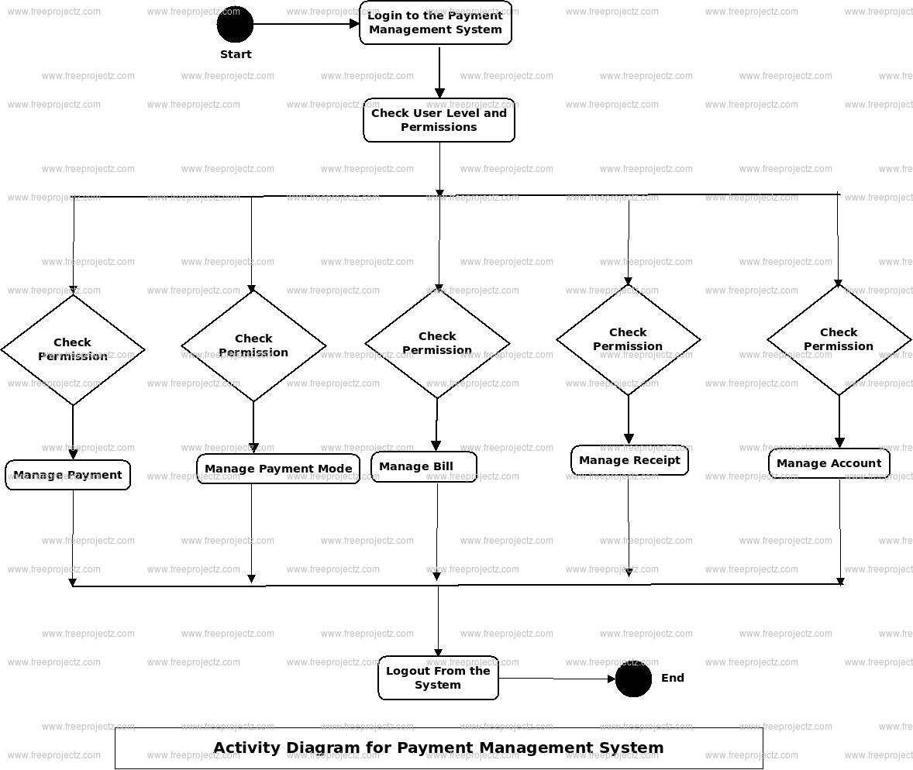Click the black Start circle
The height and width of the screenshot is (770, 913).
[235, 24]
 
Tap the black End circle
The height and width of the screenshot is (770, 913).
[633, 679]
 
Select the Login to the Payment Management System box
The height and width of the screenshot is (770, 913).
[436, 22]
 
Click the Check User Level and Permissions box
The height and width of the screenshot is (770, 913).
[439, 120]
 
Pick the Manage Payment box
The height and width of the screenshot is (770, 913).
[68, 475]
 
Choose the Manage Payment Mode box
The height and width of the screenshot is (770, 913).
[278, 469]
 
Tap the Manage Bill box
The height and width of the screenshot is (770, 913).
[424, 466]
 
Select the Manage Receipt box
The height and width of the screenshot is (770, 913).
[629, 460]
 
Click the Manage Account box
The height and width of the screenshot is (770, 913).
[829, 463]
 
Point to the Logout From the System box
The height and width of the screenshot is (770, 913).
[438, 678]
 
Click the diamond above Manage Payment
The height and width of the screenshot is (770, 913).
[73, 349]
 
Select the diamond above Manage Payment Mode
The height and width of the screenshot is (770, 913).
[253, 345]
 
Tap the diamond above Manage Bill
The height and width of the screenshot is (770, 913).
[437, 343]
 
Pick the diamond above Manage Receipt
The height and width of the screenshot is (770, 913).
[628, 339]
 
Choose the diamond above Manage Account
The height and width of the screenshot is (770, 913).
[839, 339]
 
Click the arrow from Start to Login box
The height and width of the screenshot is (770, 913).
[306, 24]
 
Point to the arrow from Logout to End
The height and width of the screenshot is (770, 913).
[556, 679]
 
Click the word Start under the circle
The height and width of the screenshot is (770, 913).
[236, 54]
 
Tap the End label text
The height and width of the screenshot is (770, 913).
[673, 678]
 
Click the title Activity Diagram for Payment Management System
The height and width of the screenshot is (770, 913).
[439, 748]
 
